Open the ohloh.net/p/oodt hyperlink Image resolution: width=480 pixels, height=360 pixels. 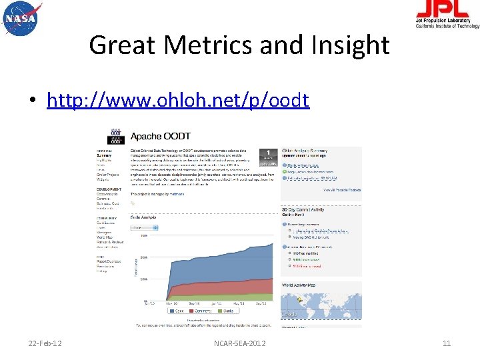pyautogui.click(x=178, y=100)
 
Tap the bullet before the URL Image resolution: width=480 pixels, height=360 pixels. pyautogui.click(x=31, y=101)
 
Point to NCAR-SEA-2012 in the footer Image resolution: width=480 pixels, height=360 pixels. pyautogui.click(x=239, y=343)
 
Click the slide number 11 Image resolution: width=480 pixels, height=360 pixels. pyautogui.click(x=447, y=343)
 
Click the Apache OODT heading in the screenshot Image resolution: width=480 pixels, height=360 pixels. pyautogui.click(x=155, y=136)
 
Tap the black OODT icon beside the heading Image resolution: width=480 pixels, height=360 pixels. pyautogui.click(x=116, y=137)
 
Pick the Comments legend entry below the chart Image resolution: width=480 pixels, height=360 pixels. pyautogui.click(x=203, y=310)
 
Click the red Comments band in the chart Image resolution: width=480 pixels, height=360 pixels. pyautogui.click(x=220, y=283)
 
